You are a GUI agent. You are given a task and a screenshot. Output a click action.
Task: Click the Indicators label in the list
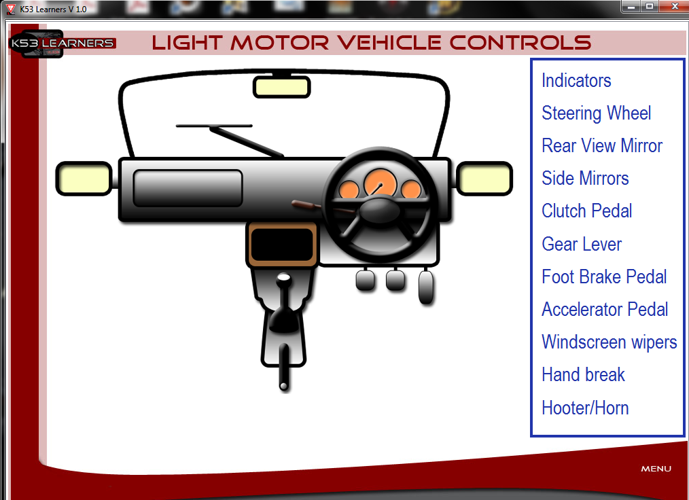[x=576, y=81]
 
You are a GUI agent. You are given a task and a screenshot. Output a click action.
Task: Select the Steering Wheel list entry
[x=597, y=113]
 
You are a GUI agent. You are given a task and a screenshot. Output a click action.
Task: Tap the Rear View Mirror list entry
[x=602, y=146]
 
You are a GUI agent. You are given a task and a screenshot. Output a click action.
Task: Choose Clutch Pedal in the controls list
[x=587, y=211]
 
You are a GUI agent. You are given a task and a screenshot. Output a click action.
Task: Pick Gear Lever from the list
[x=582, y=244]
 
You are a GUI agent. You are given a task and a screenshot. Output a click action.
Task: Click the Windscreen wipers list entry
[x=609, y=342]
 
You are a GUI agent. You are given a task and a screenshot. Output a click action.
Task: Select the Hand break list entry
[x=583, y=375]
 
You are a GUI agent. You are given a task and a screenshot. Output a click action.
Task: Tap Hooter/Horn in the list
[x=585, y=408]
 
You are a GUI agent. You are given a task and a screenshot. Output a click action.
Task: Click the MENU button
[x=656, y=469]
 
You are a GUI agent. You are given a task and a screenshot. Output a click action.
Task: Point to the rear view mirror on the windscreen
[x=282, y=86]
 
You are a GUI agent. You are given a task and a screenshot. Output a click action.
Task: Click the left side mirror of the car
[x=84, y=179]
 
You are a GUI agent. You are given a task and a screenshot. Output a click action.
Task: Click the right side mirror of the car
[x=484, y=179]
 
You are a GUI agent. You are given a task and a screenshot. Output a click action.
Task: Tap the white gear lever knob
[x=284, y=278]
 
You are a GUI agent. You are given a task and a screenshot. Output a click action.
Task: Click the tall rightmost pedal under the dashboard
[x=426, y=287]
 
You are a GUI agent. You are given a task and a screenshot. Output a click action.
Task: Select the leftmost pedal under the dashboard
[x=365, y=281]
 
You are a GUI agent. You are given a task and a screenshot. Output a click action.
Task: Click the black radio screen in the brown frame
[x=282, y=245]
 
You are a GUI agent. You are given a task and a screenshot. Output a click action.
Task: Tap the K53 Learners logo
[x=62, y=43]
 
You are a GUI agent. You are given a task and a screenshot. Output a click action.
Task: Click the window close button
[x=675, y=6]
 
